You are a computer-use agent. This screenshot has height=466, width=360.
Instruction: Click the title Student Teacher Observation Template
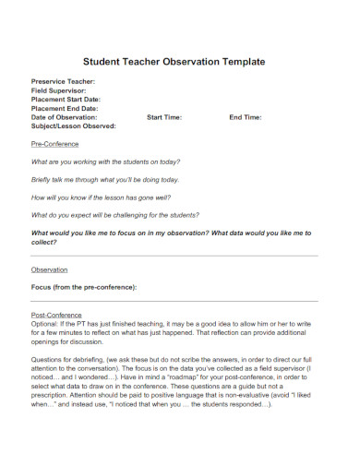click(x=174, y=61)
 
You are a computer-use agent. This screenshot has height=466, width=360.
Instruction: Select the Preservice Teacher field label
click(x=63, y=81)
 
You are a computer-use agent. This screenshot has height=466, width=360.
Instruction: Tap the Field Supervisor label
click(x=59, y=90)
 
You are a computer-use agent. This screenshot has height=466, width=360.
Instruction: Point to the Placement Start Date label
click(x=66, y=100)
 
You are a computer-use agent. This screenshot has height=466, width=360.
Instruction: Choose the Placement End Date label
click(x=65, y=109)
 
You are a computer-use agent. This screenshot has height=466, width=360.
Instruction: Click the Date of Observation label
click(x=64, y=117)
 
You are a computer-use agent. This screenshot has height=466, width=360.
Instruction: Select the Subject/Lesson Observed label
click(x=74, y=126)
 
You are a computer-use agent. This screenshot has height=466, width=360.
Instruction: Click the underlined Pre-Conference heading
click(x=55, y=145)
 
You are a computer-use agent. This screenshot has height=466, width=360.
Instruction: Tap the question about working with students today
click(x=105, y=161)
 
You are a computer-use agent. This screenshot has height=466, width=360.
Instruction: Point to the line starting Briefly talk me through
click(x=105, y=179)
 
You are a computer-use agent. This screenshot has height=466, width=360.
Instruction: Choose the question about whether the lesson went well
click(x=100, y=197)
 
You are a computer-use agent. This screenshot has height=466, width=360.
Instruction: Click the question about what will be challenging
click(x=115, y=215)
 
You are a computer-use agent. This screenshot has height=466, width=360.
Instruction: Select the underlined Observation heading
click(x=50, y=269)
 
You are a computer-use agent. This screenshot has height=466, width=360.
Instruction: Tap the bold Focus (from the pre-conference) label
click(x=84, y=287)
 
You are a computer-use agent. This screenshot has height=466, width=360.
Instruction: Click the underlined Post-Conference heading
click(x=57, y=315)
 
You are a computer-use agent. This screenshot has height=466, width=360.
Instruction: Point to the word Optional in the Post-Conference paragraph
click(x=45, y=324)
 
